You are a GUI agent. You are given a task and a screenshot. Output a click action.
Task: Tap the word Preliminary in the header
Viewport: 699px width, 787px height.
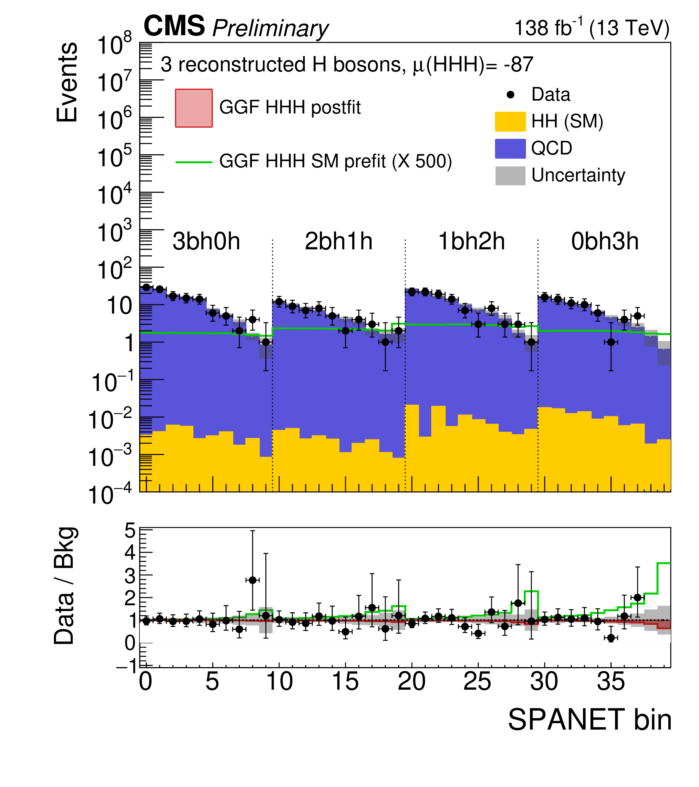click(x=270, y=29)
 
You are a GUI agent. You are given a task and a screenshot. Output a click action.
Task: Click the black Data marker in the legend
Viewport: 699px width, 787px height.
click(x=511, y=95)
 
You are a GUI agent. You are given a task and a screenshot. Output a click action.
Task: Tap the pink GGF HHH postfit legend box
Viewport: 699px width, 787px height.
click(x=194, y=108)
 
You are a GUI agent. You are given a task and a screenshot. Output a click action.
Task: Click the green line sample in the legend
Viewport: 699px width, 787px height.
click(x=194, y=162)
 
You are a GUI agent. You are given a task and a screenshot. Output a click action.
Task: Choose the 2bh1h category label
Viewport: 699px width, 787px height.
click(x=339, y=242)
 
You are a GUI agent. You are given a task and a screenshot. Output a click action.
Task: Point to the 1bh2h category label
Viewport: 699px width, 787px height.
click(x=472, y=242)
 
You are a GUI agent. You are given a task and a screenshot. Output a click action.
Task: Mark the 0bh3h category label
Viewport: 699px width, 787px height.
click(x=604, y=242)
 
